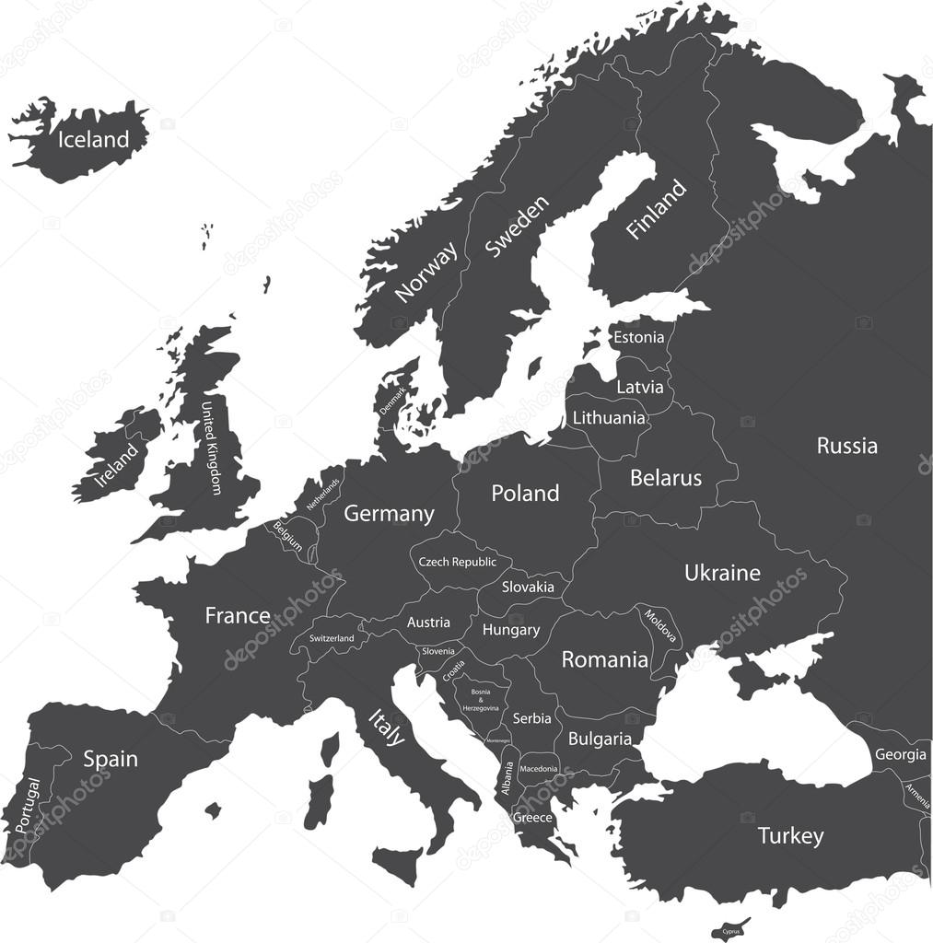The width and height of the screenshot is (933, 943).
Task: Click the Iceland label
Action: pos(93,140)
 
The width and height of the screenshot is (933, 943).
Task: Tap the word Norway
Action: pos(426,272)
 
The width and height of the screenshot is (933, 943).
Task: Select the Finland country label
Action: pos(656,210)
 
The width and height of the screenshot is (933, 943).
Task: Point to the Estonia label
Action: pos(638,337)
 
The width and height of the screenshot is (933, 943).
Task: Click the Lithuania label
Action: pos(609,418)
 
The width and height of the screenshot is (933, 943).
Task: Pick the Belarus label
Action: pos(665,478)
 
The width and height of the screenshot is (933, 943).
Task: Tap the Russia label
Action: pos(846,447)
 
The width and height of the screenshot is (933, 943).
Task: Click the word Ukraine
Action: pos(722,573)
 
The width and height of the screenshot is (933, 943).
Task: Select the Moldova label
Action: pos(660,626)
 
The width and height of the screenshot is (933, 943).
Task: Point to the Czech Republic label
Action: pos(457,562)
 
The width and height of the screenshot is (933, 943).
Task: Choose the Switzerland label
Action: pos(332,638)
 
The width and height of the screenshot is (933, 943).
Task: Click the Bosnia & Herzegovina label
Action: pos(481,699)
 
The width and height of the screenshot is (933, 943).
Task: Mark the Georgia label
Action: pos(900,755)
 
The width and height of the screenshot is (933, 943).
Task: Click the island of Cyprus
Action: pos(731,929)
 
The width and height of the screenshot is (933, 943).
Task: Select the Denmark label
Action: pos(393,404)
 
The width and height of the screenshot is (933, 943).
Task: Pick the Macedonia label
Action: pos(538,768)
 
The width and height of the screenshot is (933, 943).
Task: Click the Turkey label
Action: pos(790,836)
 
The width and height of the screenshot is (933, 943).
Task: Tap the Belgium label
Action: pos(286,536)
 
